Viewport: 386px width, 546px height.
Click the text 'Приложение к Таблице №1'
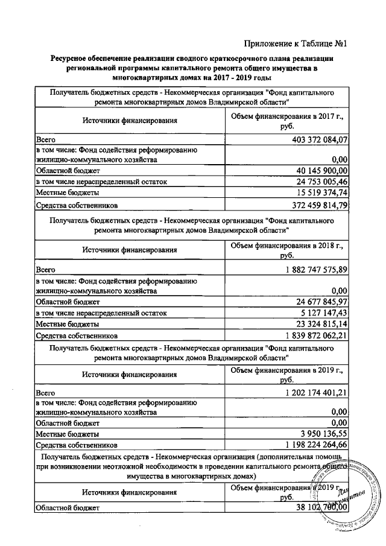point(297,43)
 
